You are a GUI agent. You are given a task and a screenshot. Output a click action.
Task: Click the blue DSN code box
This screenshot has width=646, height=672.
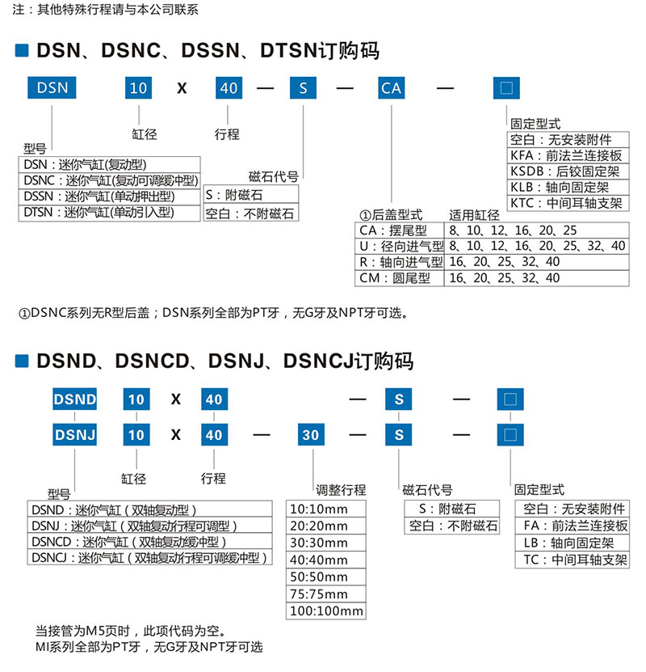pos(52,87)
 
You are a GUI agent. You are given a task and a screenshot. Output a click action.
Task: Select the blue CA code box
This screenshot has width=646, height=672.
pos(391,87)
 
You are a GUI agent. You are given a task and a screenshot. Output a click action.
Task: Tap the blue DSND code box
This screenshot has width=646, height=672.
pos(74,399)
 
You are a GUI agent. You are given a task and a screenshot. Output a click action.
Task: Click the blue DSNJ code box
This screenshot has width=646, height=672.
pos(74,434)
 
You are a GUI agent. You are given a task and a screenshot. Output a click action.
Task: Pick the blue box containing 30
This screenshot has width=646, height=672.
pos(310,434)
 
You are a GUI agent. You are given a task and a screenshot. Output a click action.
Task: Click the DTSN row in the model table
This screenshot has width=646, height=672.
pos(109,213)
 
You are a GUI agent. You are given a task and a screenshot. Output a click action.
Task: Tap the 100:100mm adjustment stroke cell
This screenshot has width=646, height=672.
pos(326,611)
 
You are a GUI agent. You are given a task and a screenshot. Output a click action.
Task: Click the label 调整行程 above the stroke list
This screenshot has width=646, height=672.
pos(341,490)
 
